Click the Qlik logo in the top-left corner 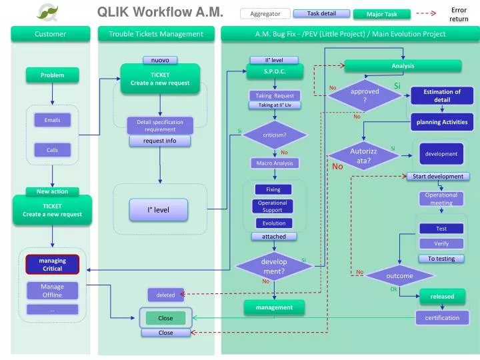tap(48, 11)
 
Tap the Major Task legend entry tap(382, 14)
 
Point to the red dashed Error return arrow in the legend tap(426, 13)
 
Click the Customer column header tap(51, 34)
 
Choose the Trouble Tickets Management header tap(160, 34)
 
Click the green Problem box tap(52, 75)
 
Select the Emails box tap(52, 120)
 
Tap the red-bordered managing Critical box tap(53, 265)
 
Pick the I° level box tap(158, 209)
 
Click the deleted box tap(165, 295)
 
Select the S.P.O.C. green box tap(275, 71)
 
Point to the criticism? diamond tap(274, 135)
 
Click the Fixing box tap(273, 189)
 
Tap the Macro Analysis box tap(274, 163)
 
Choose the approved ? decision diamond tap(365, 95)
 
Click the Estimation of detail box tap(442, 96)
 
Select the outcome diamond tap(399, 276)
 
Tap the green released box tap(442, 297)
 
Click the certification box tap(442, 317)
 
